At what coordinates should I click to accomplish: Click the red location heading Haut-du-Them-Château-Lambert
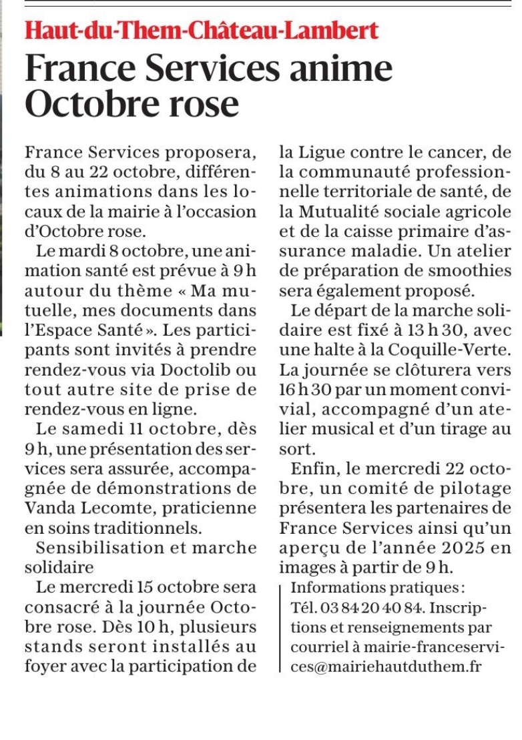(202, 30)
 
